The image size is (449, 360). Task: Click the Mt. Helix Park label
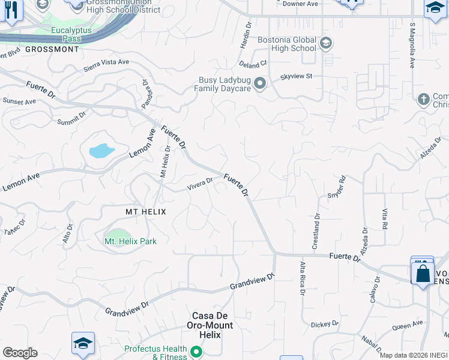(x=131, y=241)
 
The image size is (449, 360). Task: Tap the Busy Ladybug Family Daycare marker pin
(x=260, y=83)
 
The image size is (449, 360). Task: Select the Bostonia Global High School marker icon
(x=325, y=43)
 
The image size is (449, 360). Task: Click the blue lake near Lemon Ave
(x=101, y=150)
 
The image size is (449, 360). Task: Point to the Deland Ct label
(x=252, y=64)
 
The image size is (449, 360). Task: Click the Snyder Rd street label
(x=337, y=187)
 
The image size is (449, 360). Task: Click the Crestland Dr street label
(x=316, y=232)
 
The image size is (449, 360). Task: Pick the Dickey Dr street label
(x=325, y=325)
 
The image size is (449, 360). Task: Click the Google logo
(x=20, y=353)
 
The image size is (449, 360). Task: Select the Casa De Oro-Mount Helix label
(x=212, y=320)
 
